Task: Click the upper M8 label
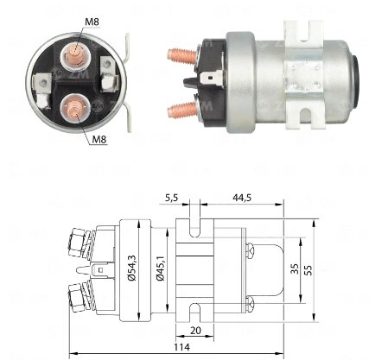[92, 22]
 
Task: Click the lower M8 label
[99, 140]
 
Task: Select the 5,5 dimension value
[172, 198]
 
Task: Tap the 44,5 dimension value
[242, 198]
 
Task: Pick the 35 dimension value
[295, 268]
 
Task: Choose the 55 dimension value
[308, 270]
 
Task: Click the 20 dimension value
[195, 331]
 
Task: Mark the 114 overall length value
[181, 347]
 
